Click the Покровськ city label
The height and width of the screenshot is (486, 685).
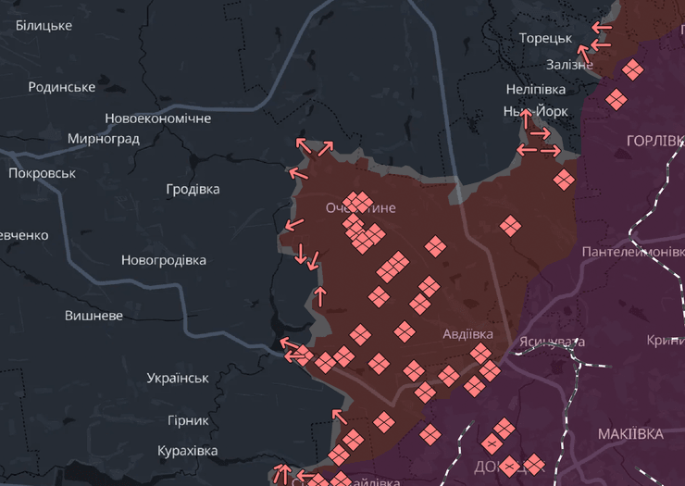(42, 173)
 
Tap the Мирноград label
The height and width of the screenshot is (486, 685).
(104, 139)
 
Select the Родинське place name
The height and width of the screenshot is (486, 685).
(62, 87)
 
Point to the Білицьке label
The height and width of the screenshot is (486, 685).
(44, 25)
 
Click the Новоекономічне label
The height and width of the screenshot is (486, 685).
(157, 118)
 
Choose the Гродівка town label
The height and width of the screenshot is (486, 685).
(193, 189)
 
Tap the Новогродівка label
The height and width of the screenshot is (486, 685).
(163, 260)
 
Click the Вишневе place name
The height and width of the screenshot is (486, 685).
(93, 316)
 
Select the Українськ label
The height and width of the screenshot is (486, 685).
(178, 378)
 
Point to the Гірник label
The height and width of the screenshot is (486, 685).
(188, 420)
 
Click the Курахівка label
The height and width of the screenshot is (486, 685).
(187, 451)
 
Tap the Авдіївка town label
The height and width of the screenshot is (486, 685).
(467, 333)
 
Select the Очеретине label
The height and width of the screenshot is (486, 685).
(360, 208)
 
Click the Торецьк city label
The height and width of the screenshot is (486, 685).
(545, 38)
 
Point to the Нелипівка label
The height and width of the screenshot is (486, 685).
(536, 90)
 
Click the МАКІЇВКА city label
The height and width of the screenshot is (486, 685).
(630, 434)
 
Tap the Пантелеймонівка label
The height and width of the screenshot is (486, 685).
(633, 252)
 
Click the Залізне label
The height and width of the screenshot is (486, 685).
(569, 64)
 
